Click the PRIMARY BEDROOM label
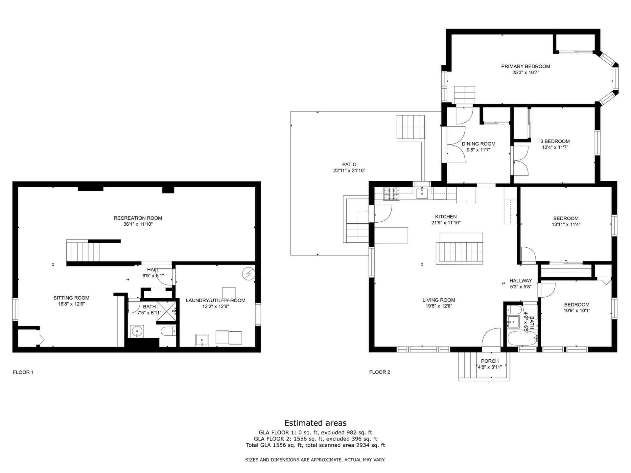pos(526,66)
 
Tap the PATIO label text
pos(349,165)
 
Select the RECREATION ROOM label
pos(138,218)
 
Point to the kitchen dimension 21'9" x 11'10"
pos(446,223)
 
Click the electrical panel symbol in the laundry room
pos(248,274)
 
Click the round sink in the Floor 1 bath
pos(137,331)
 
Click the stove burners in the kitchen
pos(392,194)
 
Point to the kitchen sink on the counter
pos(422,194)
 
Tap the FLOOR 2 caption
pos(380,372)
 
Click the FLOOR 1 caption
pos(23,372)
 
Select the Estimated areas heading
pos(315,423)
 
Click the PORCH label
pos(490,361)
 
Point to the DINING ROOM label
pos(479,144)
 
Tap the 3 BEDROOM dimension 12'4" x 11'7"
pos(555,147)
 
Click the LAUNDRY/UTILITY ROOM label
pos(216,301)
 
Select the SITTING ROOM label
pos(71,298)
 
